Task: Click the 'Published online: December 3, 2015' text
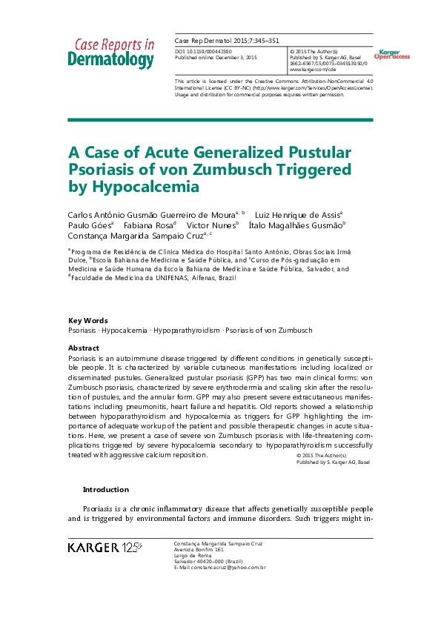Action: (216, 57)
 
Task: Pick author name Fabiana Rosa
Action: (150, 225)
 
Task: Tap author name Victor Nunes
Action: (211, 225)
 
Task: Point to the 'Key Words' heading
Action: (87, 320)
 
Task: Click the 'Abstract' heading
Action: (84, 348)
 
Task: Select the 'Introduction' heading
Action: (105, 489)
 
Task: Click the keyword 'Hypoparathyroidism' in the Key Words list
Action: (190, 330)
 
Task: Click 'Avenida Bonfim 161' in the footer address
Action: (199, 549)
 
